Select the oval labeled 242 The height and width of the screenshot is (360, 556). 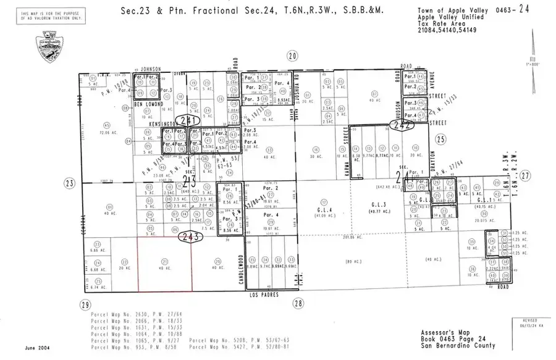(401, 124)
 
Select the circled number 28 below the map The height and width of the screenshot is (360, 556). (298, 303)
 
